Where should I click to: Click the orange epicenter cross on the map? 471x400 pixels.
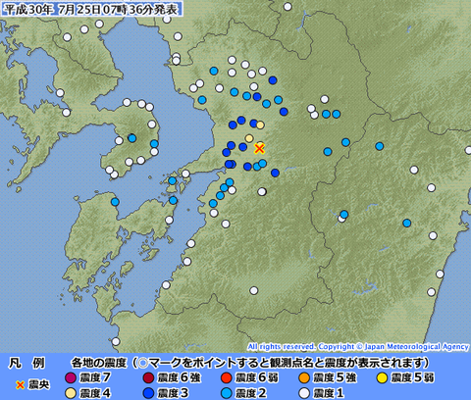(259, 148)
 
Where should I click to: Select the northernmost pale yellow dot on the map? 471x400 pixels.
(259, 125)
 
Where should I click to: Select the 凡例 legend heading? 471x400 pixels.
(21, 362)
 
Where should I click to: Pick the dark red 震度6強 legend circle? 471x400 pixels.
(147, 377)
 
